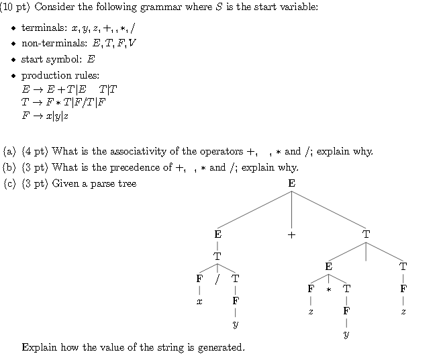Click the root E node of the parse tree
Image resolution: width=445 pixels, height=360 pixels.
tap(291, 183)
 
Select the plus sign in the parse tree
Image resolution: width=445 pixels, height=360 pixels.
tap(291, 234)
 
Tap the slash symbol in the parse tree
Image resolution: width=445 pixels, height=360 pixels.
tap(217, 278)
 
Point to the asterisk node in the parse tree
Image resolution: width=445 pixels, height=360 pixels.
tap(329, 289)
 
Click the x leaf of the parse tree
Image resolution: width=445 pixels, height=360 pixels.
tap(199, 302)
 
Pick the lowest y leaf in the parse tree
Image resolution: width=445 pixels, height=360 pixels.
tap(346, 334)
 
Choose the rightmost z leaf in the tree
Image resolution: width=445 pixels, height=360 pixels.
tap(403, 312)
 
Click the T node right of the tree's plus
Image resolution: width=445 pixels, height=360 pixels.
tap(366, 234)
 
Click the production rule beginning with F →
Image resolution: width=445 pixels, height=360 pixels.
tap(45, 116)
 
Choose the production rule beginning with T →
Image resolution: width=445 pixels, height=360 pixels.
tap(64, 102)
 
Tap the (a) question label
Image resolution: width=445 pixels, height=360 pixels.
tap(9, 151)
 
